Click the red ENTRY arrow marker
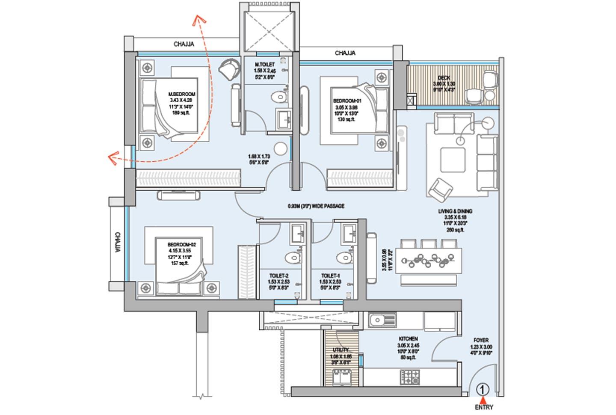click(x=483, y=400)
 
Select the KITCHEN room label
click(x=408, y=339)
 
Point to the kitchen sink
click(x=378, y=320)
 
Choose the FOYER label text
click(x=481, y=341)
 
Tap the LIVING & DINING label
click(x=455, y=211)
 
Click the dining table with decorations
click(x=430, y=260)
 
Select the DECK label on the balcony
click(x=444, y=78)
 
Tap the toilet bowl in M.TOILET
click(x=281, y=97)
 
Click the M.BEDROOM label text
click(x=182, y=94)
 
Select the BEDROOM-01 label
click(x=345, y=101)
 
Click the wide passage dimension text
click(x=316, y=206)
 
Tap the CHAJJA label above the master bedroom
click(x=184, y=44)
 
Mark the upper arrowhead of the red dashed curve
click(x=198, y=19)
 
